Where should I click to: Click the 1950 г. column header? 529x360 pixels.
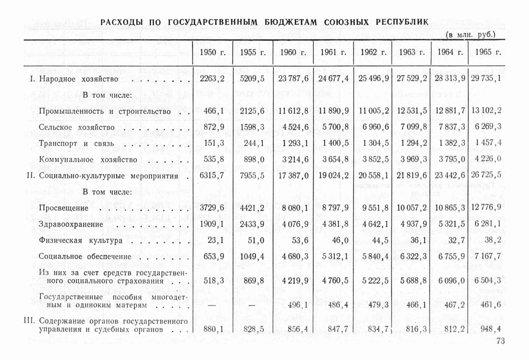tap(212, 52)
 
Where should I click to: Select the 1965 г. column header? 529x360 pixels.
tap(488, 52)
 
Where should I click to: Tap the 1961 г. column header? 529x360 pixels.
tap(333, 52)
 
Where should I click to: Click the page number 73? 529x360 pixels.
tap(500, 341)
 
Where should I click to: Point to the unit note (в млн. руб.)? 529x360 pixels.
tap(471, 34)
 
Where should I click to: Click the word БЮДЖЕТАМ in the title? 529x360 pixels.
tap(291, 22)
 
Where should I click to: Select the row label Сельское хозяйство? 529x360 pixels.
tap(76, 128)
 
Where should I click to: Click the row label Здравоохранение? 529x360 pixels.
tap(71, 224)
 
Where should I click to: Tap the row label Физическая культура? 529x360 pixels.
tap(80, 240)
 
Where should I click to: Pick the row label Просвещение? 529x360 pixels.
tap(63, 208)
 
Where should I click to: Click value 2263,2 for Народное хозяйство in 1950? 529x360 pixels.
tap(212, 79)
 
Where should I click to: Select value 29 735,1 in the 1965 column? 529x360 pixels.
tap(486, 79)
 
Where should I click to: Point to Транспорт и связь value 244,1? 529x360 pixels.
tap(252, 143)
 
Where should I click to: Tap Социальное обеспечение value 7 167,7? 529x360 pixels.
tap(487, 256)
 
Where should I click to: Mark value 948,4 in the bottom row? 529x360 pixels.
tap(490, 329)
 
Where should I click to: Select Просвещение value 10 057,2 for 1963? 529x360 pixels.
tap(412, 208)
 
